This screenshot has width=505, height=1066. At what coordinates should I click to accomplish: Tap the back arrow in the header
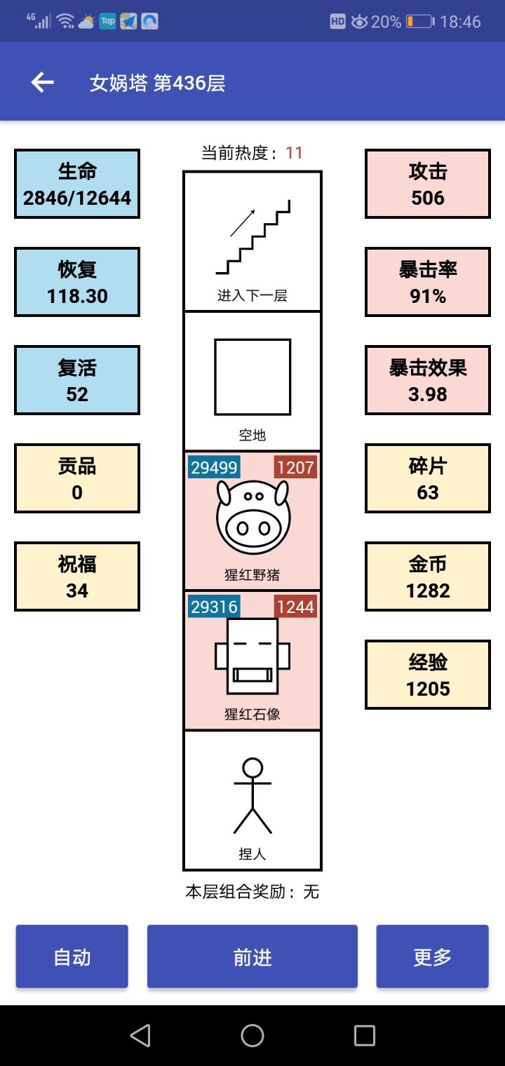tap(42, 83)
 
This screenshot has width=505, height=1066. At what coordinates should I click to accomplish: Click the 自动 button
tap(72, 957)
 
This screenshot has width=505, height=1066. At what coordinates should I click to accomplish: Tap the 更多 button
tap(432, 957)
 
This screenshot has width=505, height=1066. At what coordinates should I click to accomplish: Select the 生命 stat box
tap(77, 184)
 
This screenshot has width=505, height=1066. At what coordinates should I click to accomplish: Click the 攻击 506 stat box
tap(428, 184)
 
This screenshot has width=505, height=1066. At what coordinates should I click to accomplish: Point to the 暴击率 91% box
tap(428, 282)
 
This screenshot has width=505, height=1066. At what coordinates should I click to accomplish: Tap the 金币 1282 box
tap(428, 576)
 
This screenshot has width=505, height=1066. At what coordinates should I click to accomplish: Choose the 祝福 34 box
tap(77, 576)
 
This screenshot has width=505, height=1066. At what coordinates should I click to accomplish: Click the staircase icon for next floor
tap(252, 237)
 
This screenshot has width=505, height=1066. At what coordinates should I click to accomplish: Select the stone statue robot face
tap(252, 656)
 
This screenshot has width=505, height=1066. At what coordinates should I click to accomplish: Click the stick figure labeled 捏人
tap(252, 795)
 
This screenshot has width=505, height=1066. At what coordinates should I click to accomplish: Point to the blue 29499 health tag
tap(214, 468)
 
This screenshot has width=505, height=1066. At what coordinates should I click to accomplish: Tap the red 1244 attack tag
tap(295, 607)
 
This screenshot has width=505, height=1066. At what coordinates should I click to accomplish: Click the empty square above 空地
tap(252, 377)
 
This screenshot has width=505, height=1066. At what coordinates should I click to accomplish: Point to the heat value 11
tap(294, 153)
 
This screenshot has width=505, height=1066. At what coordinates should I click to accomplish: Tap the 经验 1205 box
tap(428, 675)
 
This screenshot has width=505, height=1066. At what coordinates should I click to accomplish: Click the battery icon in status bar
tap(420, 22)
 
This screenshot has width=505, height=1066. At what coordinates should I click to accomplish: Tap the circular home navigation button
tap(252, 1035)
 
